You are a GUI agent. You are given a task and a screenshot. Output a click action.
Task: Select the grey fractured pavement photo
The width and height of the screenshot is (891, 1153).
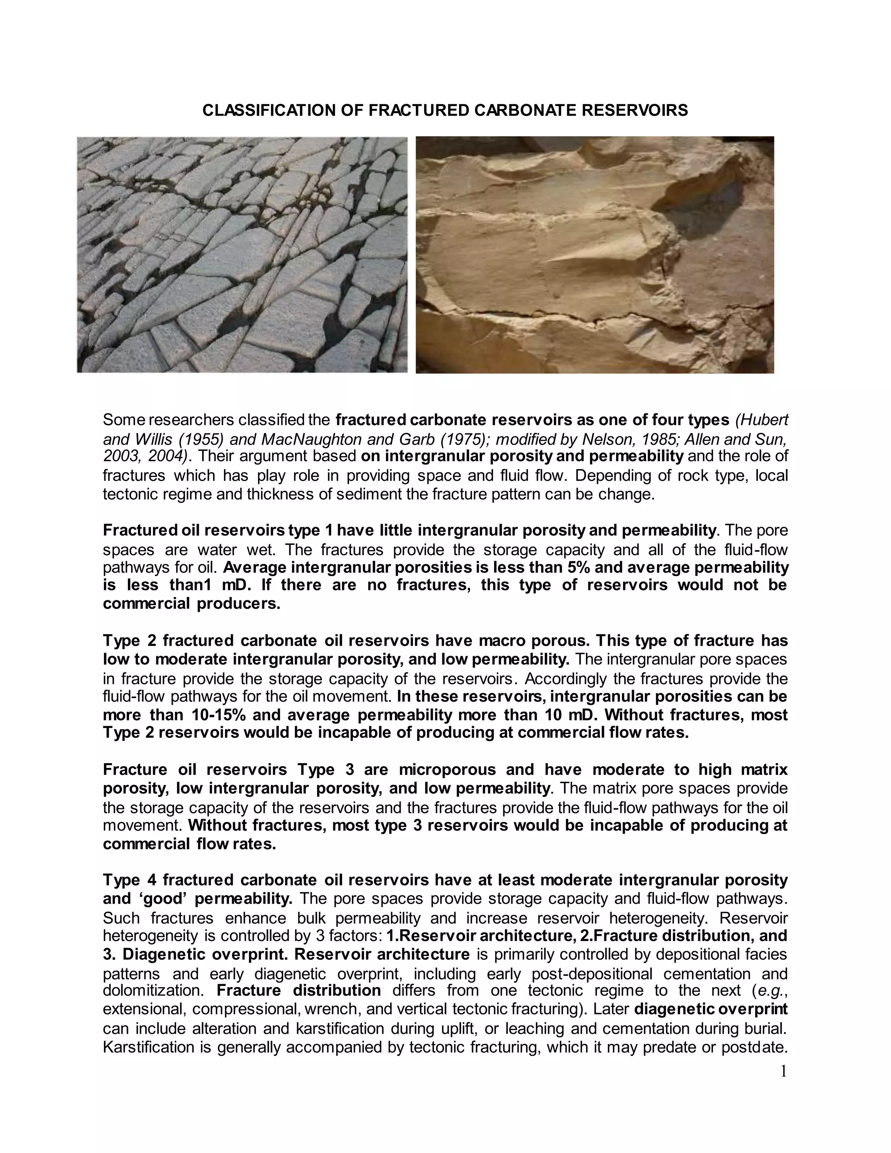[x=242, y=255]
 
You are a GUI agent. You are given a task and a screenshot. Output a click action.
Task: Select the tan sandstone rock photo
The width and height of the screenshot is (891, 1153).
[x=595, y=255]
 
